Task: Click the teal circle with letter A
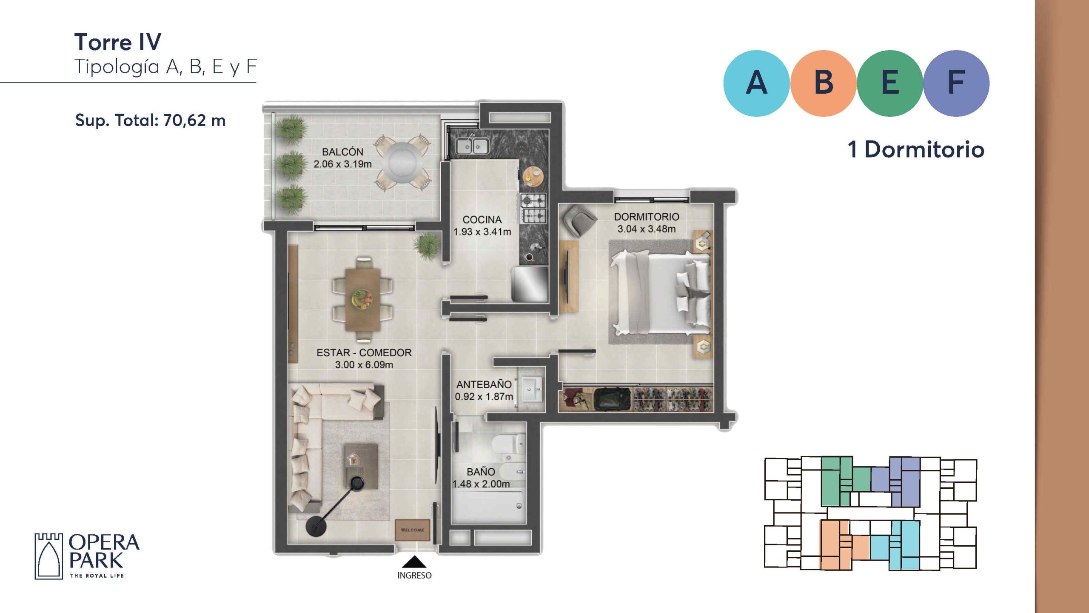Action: pos(756,83)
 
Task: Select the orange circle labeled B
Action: pos(823,83)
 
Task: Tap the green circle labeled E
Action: pos(890,83)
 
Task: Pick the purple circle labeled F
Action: pos(956,83)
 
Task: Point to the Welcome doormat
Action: pos(412,530)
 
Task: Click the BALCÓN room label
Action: pos(343,152)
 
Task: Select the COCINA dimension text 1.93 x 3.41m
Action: pos(482,232)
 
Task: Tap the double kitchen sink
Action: pos(472,146)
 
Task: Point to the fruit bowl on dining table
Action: pos(362,299)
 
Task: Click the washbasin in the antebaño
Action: pos(532,389)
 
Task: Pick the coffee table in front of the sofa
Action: pos(361,467)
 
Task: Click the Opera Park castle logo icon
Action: pos(48,556)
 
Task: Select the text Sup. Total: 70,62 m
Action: pos(150,120)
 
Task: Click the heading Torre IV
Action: pos(118,42)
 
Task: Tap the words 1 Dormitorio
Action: pos(916,149)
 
